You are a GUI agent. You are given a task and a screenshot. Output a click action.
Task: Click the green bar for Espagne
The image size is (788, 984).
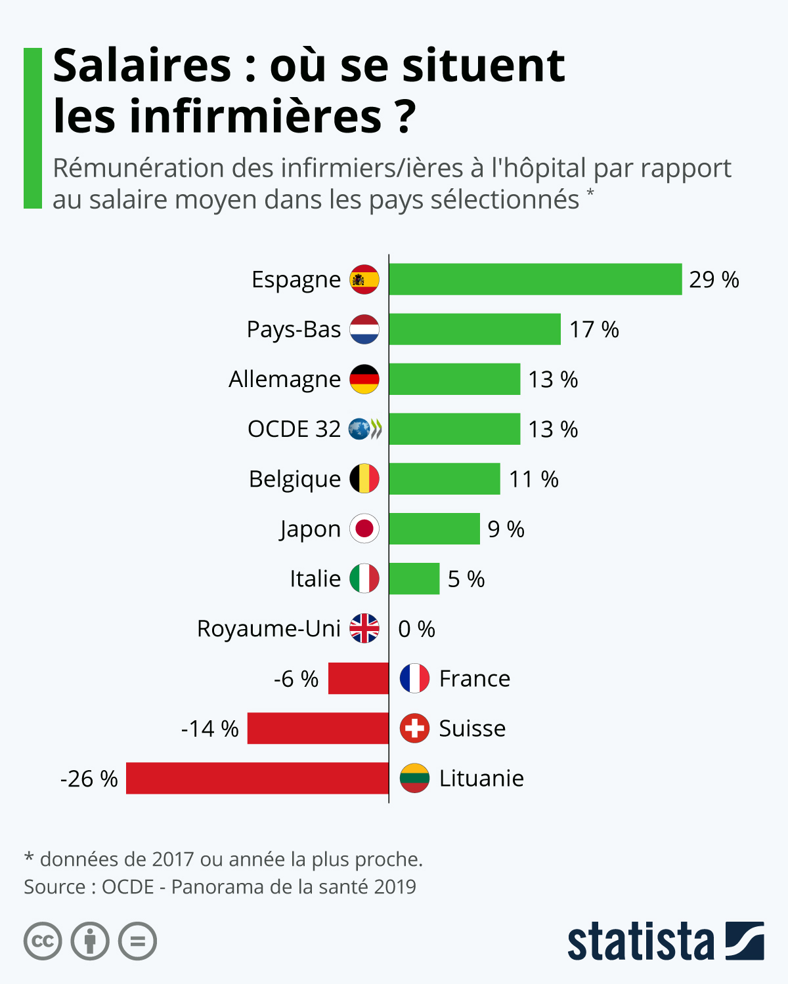coord(535,279)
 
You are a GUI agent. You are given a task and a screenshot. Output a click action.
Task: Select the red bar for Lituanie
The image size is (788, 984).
coord(257,778)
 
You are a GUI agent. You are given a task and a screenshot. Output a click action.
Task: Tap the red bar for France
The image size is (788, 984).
coord(359,678)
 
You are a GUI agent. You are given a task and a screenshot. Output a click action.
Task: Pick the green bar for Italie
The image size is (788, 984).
coord(414,579)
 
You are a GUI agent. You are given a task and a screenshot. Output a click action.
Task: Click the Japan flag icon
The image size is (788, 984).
coord(364,529)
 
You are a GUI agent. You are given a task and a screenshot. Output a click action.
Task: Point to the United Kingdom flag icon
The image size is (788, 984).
coord(364,628)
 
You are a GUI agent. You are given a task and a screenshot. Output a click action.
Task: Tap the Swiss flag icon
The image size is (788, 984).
coord(414,728)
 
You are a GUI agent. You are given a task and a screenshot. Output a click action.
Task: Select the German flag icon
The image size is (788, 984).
coord(364,379)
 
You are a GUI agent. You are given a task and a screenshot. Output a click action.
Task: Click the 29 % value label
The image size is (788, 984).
coord(714,280)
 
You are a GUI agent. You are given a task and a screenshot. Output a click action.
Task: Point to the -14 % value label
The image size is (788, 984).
coord(210,729)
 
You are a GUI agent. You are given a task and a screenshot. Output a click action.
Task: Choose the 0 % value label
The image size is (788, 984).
coord(416,629)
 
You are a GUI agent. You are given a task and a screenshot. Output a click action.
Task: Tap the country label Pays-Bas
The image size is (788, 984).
coord(294,329)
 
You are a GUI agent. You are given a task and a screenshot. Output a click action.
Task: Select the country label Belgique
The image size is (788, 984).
coord(295,480)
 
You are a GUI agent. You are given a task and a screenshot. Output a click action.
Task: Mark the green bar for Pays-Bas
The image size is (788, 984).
coord(475,329)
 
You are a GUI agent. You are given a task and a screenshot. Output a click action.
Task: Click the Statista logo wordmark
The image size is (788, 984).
coord(640,942)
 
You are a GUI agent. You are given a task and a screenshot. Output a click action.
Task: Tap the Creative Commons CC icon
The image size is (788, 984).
coord(43,941)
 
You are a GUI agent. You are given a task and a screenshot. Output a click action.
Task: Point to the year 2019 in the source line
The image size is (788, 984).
coord(395,887)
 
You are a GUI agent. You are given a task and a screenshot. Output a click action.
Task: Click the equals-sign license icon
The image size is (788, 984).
coord(137,941)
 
